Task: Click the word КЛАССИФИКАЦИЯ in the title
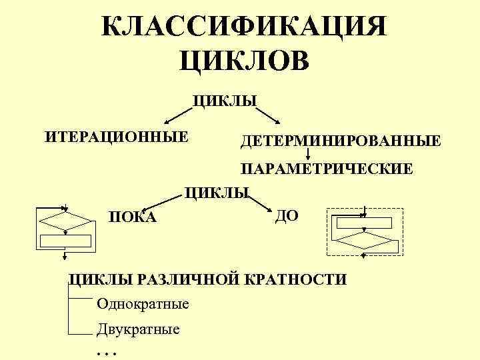(244, 27)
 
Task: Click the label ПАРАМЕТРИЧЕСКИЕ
(327, 169)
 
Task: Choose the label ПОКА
(133, 217)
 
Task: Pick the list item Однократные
(143, 305)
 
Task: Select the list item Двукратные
(138, 329)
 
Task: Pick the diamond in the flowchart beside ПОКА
(65, 221)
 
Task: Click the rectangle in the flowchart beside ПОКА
(65, 241)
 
